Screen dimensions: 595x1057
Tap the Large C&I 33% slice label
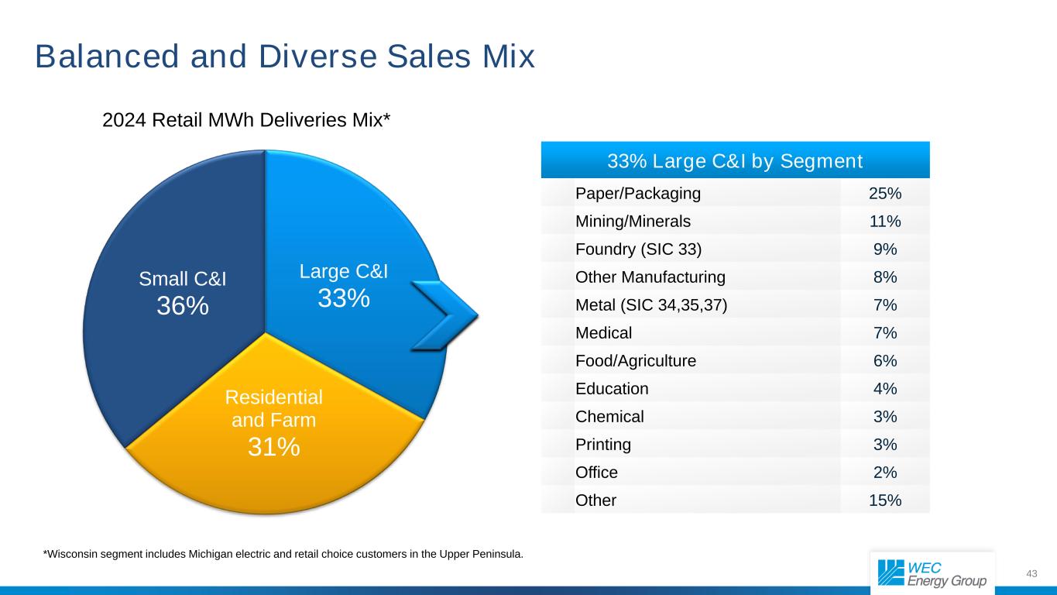pyautogui.click(x=343, y=285)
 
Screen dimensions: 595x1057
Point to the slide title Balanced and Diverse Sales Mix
pyautogui.click(x=285, y=57)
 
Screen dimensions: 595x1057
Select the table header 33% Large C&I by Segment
pyautogui.click(x=735, y=161)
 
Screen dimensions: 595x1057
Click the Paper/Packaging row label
pyautogui.click(x=638, y=193)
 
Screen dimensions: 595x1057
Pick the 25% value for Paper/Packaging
pyautogui.click(x=885, y=193)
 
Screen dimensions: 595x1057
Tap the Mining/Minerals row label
pyautogui.click(x=633, y=222)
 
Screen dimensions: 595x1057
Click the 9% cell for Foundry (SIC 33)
pyautogui.click(x=885, y=249)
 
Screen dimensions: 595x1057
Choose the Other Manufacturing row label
pyautogui.click(x=650, y=277)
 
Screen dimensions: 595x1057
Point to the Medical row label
pyautogui.click(x=603, y=333)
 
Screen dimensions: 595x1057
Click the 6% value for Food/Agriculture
pyautogui.click(x=885, y=361)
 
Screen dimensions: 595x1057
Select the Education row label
pyautogui.click(x=612, y=389)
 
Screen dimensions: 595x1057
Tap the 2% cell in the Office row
pyautogui.click(x=885, y=473)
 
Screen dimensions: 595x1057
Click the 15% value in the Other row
pyautogui.click(x=885, y=500)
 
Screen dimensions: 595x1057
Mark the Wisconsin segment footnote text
pyautogui.click(x=283, y=554)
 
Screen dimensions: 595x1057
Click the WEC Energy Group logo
pyautogui.click(x=932, y=573)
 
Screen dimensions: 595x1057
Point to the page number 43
pyautogui.click(x=1031, y=573)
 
